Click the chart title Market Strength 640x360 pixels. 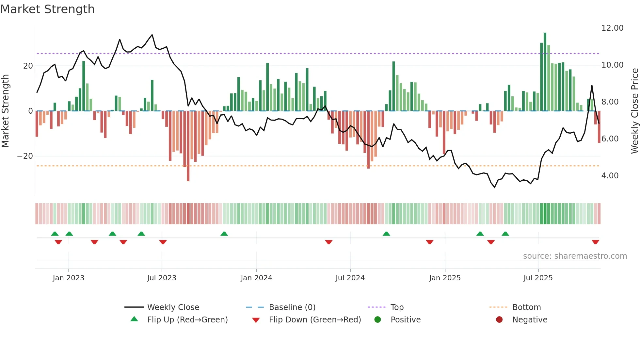click(x=47, y=9)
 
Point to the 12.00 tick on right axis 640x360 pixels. click(x=612, y=28)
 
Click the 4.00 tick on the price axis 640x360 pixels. click(x=610, y=176)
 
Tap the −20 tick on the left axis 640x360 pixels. click(x=25, y=156)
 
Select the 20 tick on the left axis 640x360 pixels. click(x=28, y=66)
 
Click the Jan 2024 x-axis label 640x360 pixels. click(x=256, y=278)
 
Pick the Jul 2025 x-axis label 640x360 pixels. click(x=538, y=278)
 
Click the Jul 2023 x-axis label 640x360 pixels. click(x=162, y=278)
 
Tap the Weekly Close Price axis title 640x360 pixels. click(x=634, y=111)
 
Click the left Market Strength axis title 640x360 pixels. click(x=5, y=111)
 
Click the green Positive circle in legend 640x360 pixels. click(x=377, y=320)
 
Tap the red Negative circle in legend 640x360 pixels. click(x=499, y=320)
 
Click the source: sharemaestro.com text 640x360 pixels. click(x=575, y=256)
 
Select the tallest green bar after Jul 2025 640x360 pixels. click(x=545, y=72)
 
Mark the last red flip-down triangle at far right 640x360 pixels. click(x=595, y=242)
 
